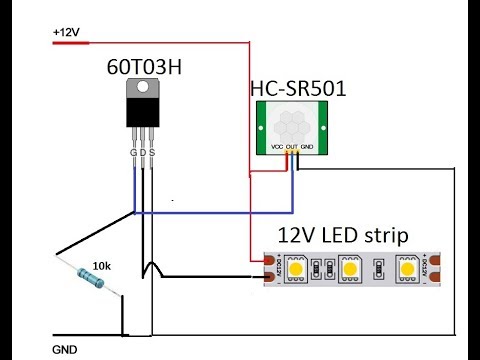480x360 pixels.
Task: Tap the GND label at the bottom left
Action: [x=64, y=351]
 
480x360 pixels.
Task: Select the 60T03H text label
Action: [x=145, y=67]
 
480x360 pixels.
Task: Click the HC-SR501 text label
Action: [x=297, y=90]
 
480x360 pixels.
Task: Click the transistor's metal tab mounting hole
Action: [x=143, y=89]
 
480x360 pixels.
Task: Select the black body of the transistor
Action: [x=143, y=113]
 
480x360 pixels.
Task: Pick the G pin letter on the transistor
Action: [x=134, y=153]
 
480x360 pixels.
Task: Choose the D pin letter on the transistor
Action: [x=143, y=153]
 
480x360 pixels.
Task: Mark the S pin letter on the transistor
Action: [x=152, y=153]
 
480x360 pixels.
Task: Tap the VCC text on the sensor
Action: [x=277, y=146]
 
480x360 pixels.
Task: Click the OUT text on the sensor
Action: [x=292, y=146]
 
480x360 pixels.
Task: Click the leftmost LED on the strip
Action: [x=297, y=268]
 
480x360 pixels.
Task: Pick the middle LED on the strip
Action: [x=350, y=268]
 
